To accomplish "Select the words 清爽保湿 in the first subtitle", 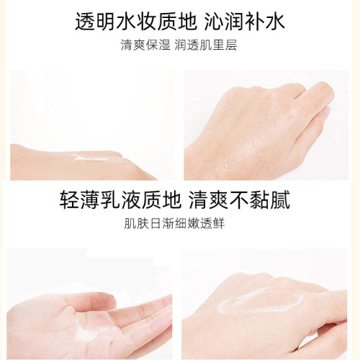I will point(143,45).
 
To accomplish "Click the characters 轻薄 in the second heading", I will point(78,198).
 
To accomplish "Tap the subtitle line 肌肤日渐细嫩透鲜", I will point(179,221).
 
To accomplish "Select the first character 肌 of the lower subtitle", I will point(130,221).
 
